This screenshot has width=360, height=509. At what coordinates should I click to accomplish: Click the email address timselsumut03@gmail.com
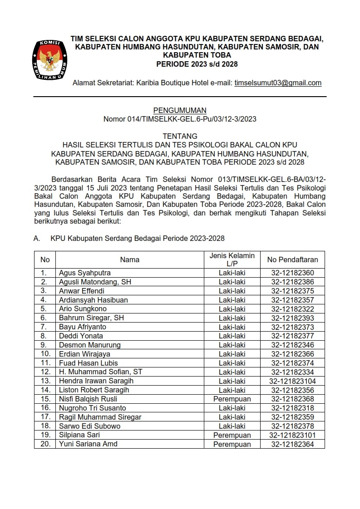278,83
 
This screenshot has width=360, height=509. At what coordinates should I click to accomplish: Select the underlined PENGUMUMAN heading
180,110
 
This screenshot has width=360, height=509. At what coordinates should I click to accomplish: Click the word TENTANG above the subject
180,136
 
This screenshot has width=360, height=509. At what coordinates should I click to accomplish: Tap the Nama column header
129,260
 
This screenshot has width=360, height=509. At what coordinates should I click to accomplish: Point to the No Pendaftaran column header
292,260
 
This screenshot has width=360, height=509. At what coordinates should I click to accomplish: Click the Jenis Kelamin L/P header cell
232,260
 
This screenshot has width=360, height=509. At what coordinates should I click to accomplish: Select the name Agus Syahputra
85,273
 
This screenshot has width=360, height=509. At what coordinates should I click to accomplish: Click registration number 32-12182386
292,282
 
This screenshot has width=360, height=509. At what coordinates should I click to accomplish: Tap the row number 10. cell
44,354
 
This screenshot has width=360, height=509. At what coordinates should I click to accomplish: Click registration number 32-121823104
292,381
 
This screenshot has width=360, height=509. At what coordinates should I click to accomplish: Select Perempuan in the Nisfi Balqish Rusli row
232,399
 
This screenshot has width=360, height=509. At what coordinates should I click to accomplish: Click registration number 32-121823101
292,435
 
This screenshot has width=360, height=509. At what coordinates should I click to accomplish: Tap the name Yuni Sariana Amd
88,444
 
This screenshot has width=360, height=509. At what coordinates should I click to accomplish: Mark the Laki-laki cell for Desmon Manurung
232,345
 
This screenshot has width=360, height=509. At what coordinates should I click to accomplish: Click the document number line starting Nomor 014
180,119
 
